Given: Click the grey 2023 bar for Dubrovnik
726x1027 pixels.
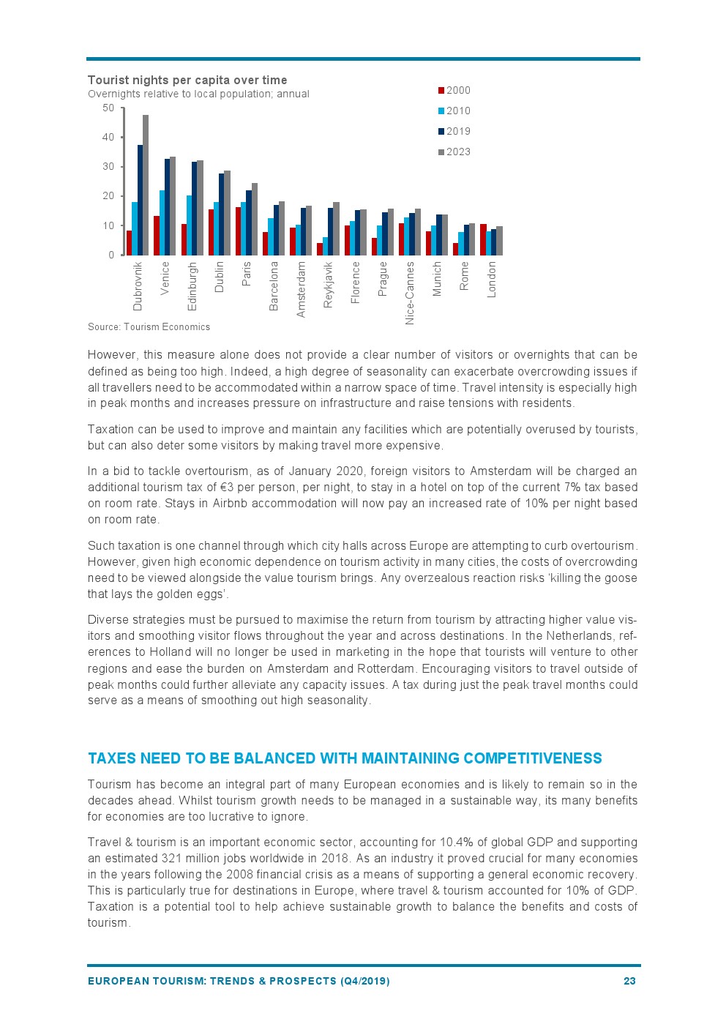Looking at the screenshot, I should tap(146, 185).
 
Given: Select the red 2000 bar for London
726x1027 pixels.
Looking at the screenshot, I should tap(483, 239).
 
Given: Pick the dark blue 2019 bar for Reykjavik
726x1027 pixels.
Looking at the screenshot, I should tap(331, 231).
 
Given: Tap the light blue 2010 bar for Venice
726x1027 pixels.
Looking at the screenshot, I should tap(162, 223).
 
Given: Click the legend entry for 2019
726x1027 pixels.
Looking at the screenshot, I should tap(454, 132).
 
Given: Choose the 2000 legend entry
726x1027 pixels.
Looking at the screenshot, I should tap(454, 91).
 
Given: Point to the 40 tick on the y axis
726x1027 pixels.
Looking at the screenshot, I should tap(108, 138).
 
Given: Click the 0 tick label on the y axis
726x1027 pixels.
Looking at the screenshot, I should tap(111, 255).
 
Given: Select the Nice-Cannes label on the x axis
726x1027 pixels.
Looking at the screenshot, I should tap(410, 293).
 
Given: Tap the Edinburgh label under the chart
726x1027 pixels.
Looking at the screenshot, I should tap(192, 286).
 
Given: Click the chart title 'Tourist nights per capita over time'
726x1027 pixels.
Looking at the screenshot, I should tap(187, 81).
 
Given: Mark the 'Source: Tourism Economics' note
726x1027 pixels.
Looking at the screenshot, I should tap(149, 327).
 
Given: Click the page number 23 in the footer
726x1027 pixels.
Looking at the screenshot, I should tap(629, 981).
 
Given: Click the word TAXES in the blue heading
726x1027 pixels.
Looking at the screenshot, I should tap(111, 759).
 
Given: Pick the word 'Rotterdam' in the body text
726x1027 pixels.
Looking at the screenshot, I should tap(386, 669).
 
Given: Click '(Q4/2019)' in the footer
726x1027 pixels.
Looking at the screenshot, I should tap(365, 981).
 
